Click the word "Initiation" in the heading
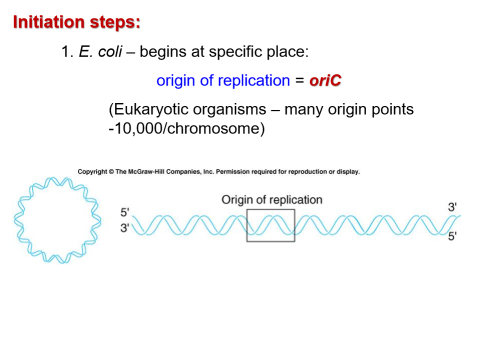48,22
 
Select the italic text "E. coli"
100,51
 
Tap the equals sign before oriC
299,80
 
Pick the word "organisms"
231,109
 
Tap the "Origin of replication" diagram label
271,200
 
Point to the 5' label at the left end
125,212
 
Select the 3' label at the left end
125,228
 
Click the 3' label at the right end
452,207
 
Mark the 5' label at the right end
452,236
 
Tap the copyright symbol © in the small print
110,172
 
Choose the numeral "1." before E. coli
67,51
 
